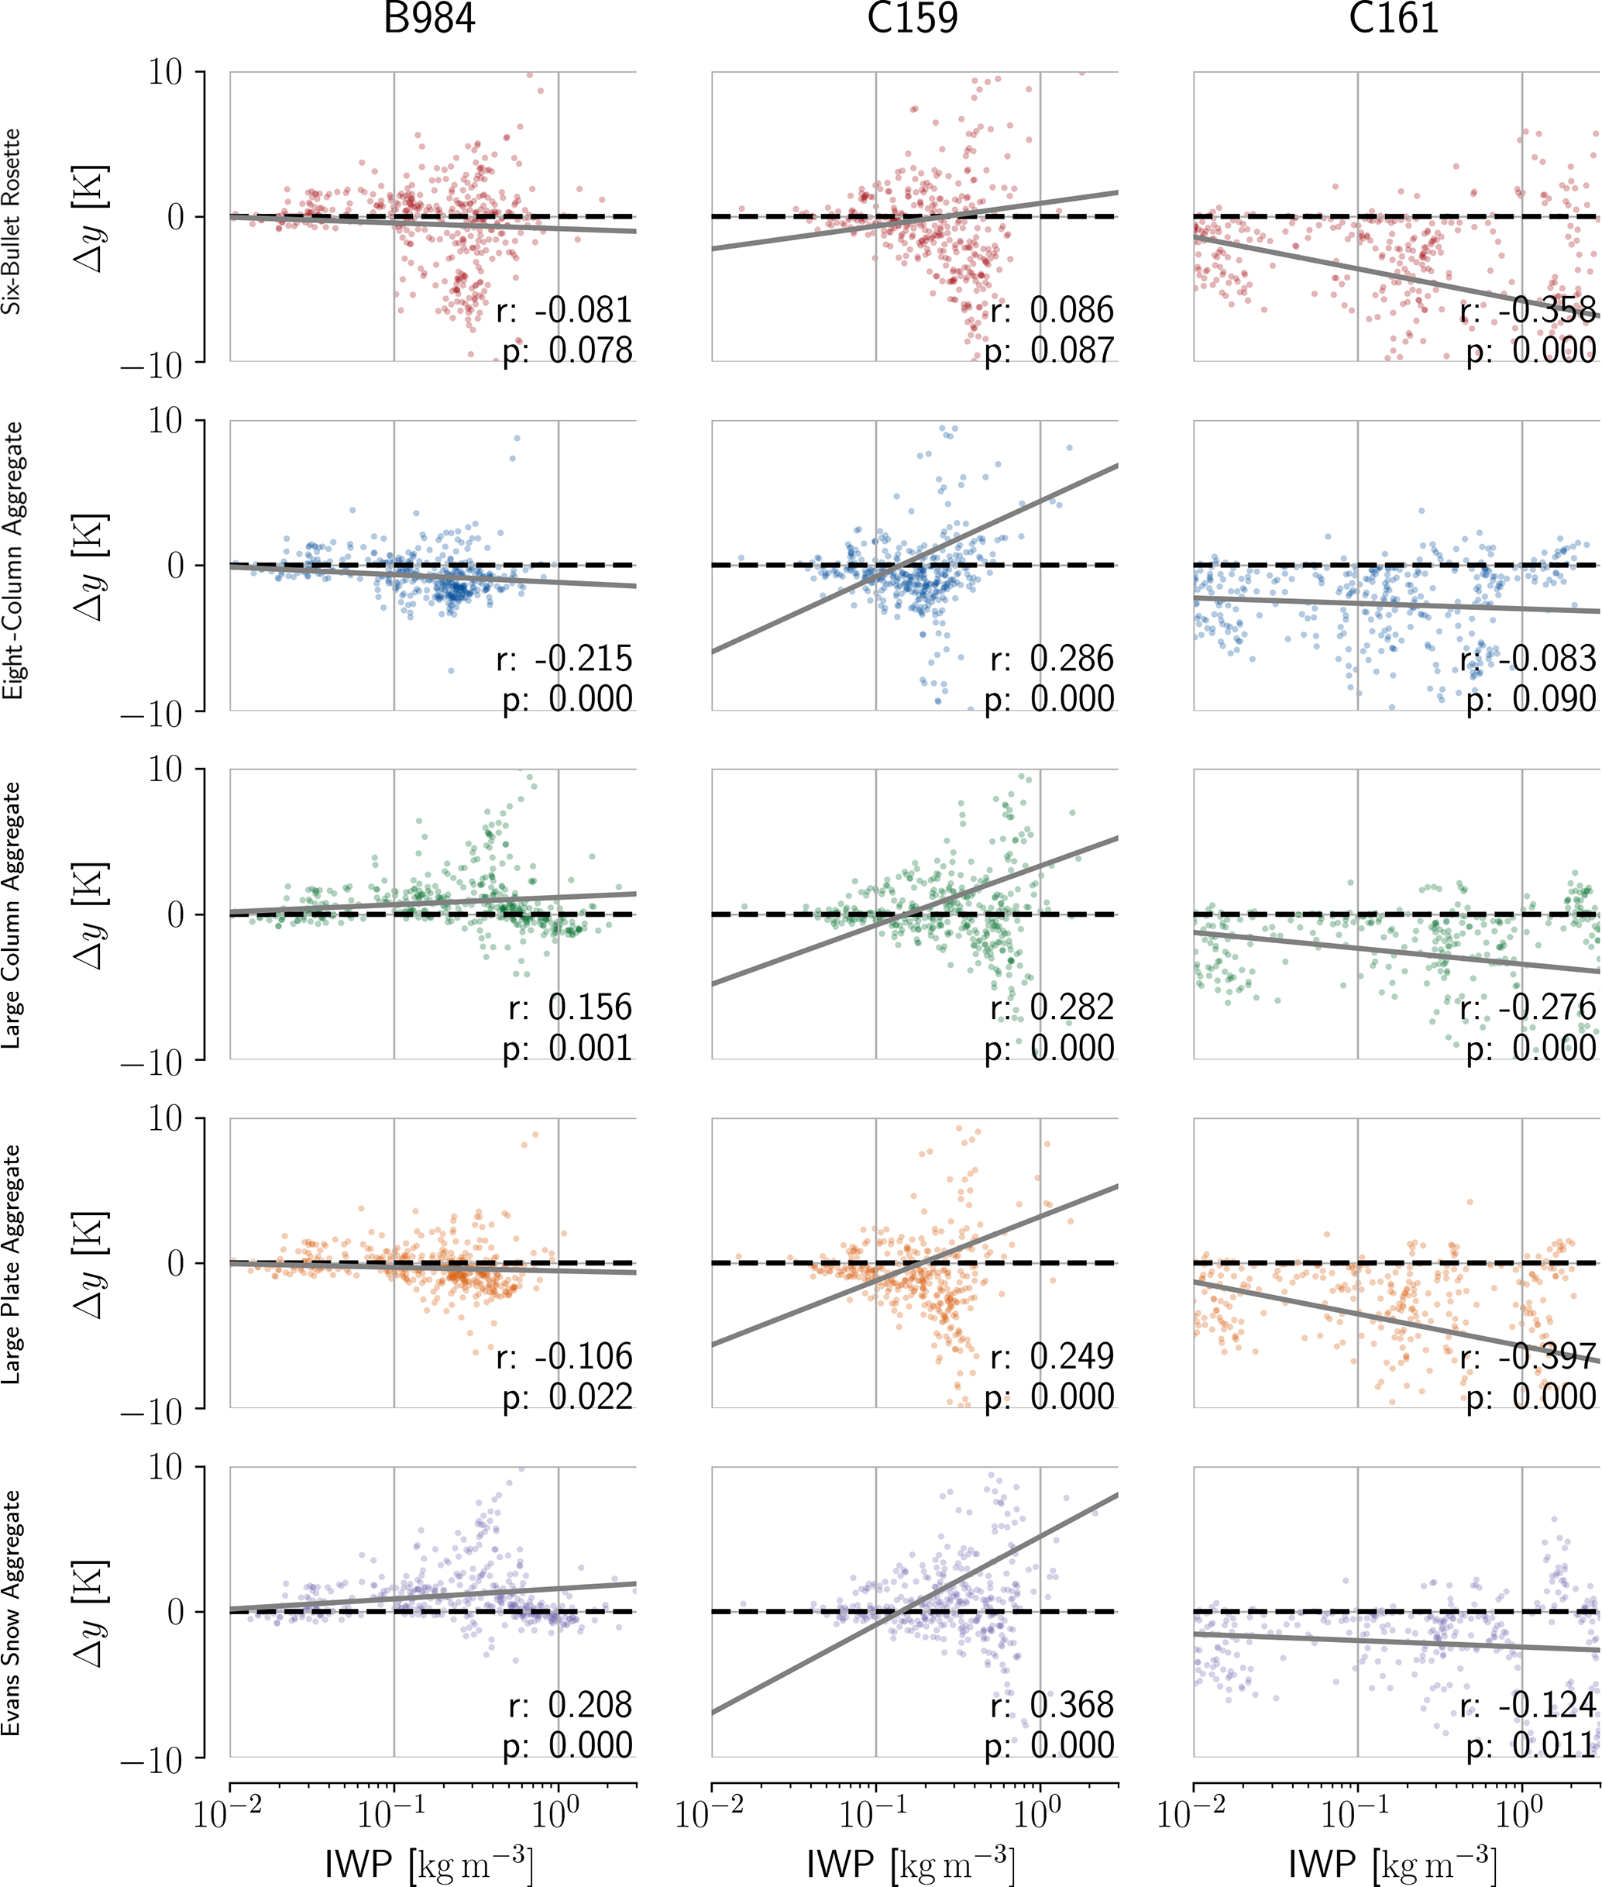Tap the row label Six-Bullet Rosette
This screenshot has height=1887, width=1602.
(11, 222)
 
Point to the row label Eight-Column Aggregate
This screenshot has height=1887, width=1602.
(11, 560)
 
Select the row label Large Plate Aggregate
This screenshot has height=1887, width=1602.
(11, 1264)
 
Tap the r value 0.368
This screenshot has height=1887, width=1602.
(1071, 1706)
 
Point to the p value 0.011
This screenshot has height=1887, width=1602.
(1554, 1745)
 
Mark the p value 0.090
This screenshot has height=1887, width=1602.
(1554, 700)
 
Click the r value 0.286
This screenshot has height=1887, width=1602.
(1071, 659)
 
